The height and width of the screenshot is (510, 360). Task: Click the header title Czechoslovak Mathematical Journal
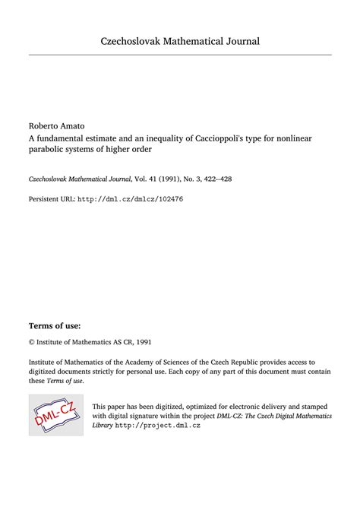[x=180, y=40]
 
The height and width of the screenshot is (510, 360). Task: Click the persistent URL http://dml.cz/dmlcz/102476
[x=130, y=199]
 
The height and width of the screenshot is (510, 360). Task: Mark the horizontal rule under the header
[x=180, y=55]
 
